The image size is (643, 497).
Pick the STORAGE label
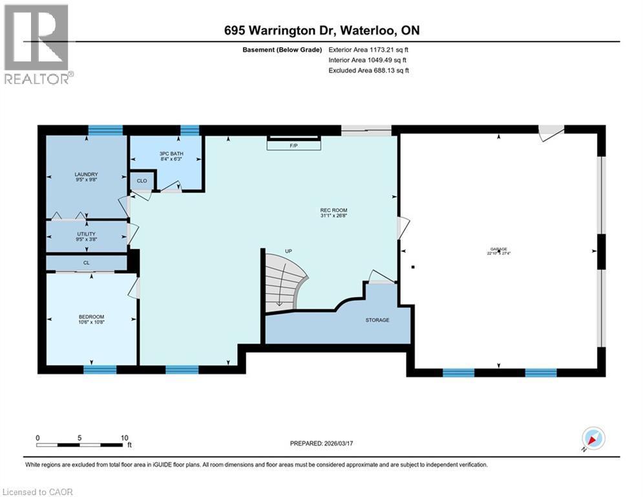point(377,320)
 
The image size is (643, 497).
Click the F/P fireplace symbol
point(294,146)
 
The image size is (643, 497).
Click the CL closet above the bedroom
point(86,263)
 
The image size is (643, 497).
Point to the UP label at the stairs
point(290,250)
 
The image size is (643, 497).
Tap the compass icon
point(593,438)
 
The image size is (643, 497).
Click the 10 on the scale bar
point(123,437)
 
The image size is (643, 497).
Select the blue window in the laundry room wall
point(105,130)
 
